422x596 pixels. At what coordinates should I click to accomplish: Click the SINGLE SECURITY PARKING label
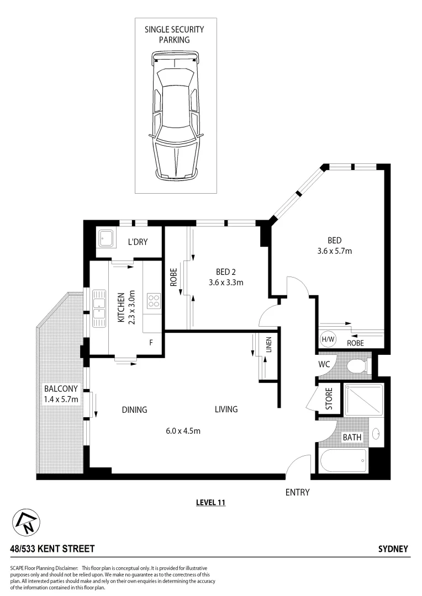point(175,35)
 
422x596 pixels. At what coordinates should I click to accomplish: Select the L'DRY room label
point(137,242)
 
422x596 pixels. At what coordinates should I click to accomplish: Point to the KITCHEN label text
point(121,307)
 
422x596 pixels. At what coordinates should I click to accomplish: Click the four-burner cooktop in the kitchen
point(153,301)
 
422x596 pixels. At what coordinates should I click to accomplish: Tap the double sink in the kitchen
point(99,307)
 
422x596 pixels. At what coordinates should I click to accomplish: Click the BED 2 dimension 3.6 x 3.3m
point(226,282)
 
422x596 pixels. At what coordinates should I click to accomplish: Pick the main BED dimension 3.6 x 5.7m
point(334,251)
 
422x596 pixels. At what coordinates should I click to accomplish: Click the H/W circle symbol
point(326,339)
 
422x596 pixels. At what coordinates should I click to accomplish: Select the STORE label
point(328,400)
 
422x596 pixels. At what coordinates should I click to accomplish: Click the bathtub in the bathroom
point(344,460)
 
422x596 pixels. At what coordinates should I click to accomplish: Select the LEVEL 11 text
point(211,502)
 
